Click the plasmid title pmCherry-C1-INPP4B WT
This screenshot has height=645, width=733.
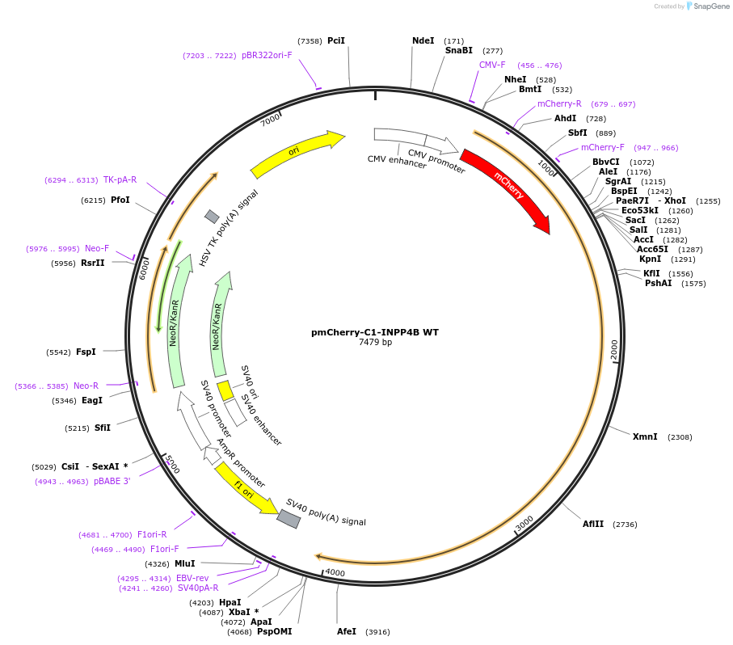375,332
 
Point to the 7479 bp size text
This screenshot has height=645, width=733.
375,343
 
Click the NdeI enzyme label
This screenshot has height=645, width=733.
423,40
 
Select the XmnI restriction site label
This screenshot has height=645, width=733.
645,436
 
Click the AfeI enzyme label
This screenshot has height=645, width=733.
347,631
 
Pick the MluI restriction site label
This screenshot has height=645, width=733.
185,563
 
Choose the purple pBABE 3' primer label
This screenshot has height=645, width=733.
112,481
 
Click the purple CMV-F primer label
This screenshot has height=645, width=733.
492,65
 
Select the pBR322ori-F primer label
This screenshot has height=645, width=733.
267,55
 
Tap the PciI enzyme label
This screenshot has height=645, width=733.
336,40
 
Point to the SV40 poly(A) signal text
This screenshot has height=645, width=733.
326,512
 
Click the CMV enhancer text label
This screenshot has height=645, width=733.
397,161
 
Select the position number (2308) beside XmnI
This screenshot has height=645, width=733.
679,437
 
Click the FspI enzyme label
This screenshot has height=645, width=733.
86,352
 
